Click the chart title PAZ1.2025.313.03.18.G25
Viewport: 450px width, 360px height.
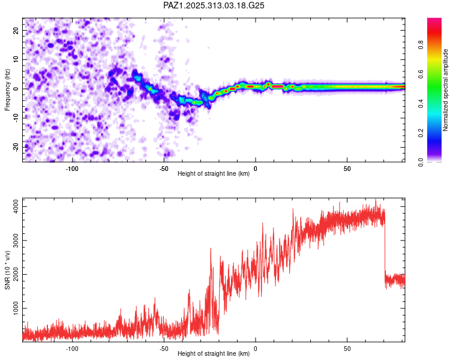point(214,5)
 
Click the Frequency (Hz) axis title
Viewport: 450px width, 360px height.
point(7,90)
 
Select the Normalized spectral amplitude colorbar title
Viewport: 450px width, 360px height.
point(446,90)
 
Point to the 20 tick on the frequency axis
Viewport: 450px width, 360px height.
point(17,30)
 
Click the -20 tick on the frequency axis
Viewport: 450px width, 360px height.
point(16,147)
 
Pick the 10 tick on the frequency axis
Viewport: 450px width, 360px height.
point(17,59)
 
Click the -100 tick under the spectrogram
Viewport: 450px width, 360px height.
point(72,169)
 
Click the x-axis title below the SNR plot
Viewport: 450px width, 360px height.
point(214,355)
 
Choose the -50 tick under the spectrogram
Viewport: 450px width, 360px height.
point(164,169)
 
